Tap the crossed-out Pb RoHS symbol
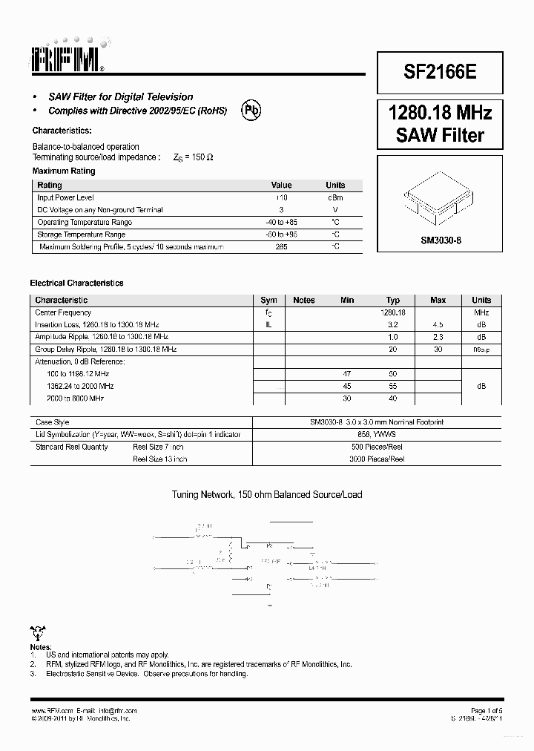[x=252, y=111]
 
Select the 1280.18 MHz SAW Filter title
[x=440, y=124]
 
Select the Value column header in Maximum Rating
[x=281, y=185]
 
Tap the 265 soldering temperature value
[x=281, y=246]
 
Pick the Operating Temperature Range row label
[x=85, y=222]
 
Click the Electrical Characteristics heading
[x=76, y=283]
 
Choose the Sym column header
[x=268, y=300]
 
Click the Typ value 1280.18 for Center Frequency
[x=393, y=312]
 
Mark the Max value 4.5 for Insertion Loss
[x=438, y=324]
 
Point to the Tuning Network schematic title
[x=267, y=494]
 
